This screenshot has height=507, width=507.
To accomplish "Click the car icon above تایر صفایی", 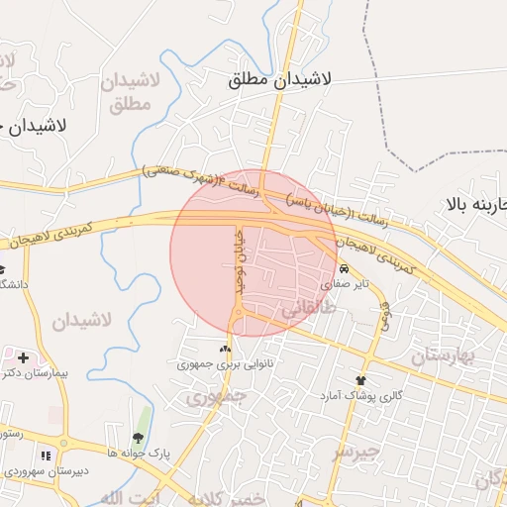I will [x=343, y=269].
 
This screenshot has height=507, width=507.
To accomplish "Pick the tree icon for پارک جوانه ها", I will [x=138, y=438].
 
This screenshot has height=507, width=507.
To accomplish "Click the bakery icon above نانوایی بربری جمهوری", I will [x=224, y=349].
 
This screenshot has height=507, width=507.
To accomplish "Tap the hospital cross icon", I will [x=23, y=356].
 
